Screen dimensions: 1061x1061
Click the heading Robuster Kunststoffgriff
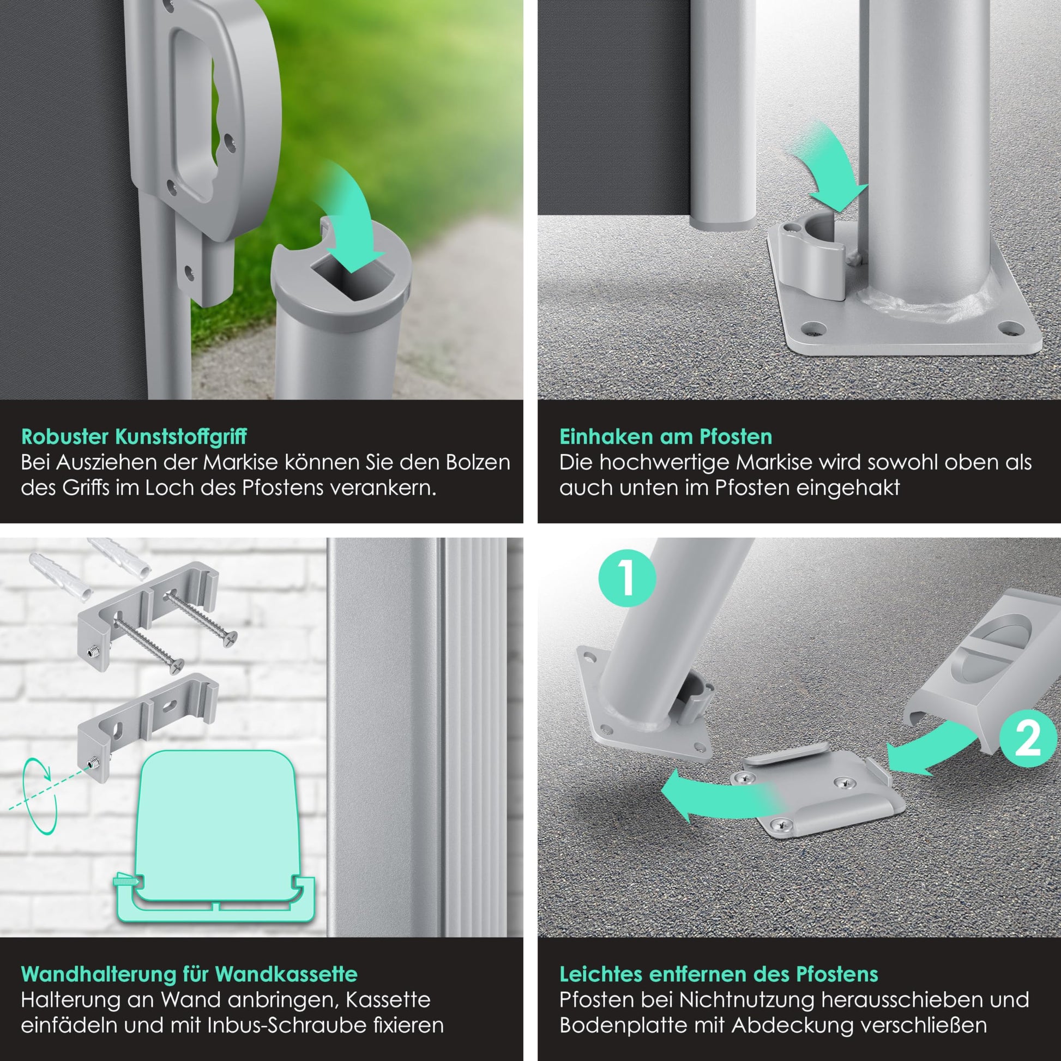pyautogui.click(x=134, y=437)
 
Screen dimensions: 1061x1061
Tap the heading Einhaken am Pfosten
pyautogui.click(x=666, y=437)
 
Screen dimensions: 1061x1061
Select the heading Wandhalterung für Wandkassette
pyautogui.click(x=189, y=974)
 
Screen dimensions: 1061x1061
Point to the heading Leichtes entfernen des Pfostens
pyautogui.click(x=719, y=974)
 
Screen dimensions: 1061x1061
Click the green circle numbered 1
pyautogui.click(x=627, y=578)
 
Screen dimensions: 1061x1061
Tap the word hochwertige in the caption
pyautogui.click(x=664, y=463)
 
